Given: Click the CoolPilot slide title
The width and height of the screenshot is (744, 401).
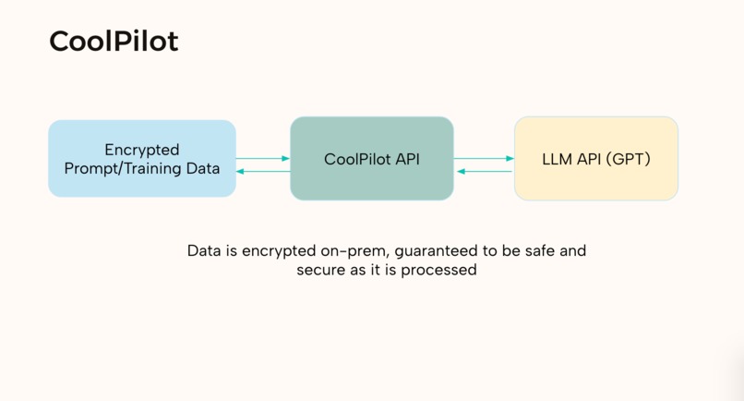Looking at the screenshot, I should (x=114, y=42).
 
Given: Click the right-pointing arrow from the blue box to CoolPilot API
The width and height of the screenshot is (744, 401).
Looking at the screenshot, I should (x=263, y=159).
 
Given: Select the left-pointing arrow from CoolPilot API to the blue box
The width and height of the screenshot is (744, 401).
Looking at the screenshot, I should (x=263, y=172).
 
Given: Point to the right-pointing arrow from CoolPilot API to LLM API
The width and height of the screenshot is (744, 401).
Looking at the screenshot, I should (x=484, y=159).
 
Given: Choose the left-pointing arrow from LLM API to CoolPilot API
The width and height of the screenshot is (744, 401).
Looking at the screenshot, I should (x=484, y=172).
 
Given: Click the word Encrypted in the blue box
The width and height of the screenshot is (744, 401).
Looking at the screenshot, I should (x=142, y=150).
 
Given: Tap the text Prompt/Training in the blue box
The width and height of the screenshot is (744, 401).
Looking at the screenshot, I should (x=122, y=169).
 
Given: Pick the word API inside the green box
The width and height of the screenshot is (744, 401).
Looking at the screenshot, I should (x=407, y=159).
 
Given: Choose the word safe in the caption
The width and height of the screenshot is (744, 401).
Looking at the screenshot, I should (x=535, y=250).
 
